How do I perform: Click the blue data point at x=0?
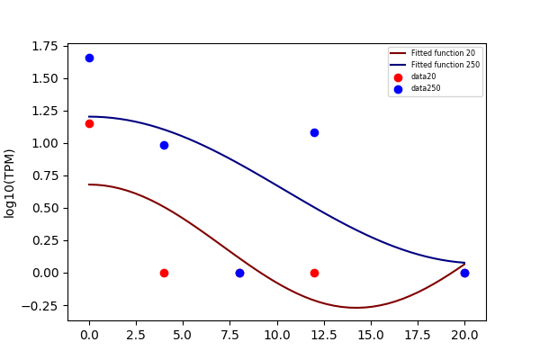point(89,58)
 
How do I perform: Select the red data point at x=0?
point(89,123)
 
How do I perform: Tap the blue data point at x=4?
point(165,146)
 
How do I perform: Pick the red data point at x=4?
point(165,274)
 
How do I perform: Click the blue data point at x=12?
point(314,132)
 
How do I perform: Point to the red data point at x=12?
point(314,274)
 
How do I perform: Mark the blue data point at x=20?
point(464,274)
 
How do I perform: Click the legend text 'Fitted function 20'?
point(443,53)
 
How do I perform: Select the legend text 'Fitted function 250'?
point(445,65)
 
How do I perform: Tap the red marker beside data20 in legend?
point(398,77)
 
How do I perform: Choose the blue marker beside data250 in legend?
point(398,90)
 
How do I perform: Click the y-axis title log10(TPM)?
point(9,184)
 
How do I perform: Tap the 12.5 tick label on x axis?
point(324,335)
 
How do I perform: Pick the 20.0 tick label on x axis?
point(464,335)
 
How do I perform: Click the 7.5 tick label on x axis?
point(230,335)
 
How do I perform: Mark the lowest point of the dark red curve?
point(356,308)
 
